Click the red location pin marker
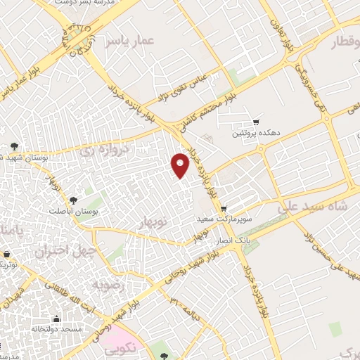click(x=181, y=166)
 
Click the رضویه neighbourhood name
click(x=108, y=286)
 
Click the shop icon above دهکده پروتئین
click(x=256, y=121)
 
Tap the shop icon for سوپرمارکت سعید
click(x=224, y=209)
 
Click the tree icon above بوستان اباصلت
click(x=73, y=198)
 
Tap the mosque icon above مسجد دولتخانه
click(x=58, y=317)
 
